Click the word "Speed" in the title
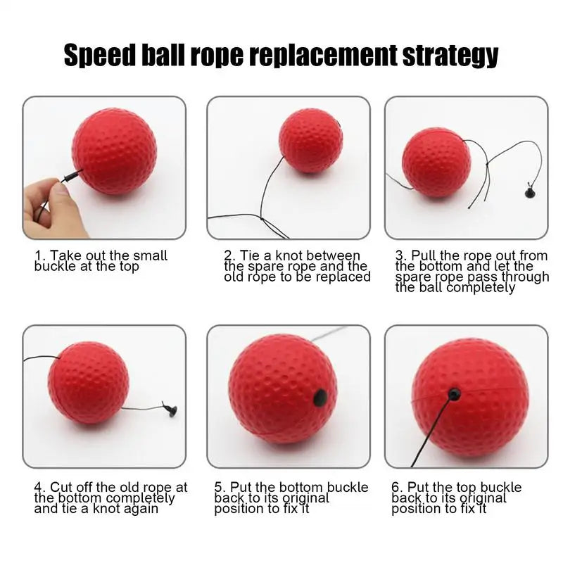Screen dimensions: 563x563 pyautogui.click(x=100, y=56)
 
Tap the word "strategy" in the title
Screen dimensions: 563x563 pyautogui.click(x=450, y=56)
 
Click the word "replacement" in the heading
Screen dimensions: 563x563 pyautogui.click(x=322, y=56)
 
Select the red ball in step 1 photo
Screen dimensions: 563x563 pyautogui.click(x=115, y=151)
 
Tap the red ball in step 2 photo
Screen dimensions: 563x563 pyautogui.click(x=311, y=140)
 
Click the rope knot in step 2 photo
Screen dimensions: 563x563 pyautogui.click(x=262, y=219)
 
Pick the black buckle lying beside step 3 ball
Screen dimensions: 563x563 pyautogui.click(x=530, y=191)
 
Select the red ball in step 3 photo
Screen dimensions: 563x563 pyautogui.click(x=436, y=163)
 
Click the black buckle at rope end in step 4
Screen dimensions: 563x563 pyautogui.click(x=170, y=409)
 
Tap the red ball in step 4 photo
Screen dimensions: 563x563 pyautogui.click(x=89, y=383)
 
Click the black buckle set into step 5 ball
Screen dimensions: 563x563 pyautogui.click(x=320, y=398)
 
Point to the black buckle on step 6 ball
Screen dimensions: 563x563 pyautogui.click(x=454, y=394)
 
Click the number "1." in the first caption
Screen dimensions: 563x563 pyautogui.click(x=40, y=256)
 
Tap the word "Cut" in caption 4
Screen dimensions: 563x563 pyautogui.click(x=61, y=487)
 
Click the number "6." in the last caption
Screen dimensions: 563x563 pyautogui.click(x=398, y=487)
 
